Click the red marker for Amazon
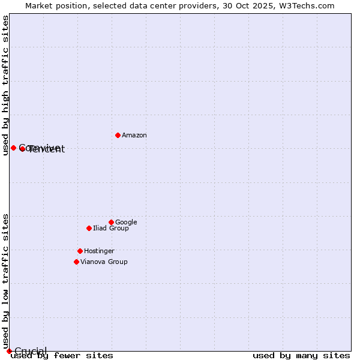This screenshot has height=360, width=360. point(118,135)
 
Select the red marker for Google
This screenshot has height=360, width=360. point(111,222)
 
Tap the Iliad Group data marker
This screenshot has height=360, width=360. point(89,228)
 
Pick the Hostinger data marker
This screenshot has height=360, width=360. point(80,251)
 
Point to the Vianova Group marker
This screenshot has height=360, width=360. point(76,262)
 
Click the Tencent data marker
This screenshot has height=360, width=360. point(22,149)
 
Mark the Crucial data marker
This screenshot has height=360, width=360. point(9,351)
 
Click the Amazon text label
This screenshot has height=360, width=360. point(134,136)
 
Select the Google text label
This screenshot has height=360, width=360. point(126,222)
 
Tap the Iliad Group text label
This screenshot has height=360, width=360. point(111,228)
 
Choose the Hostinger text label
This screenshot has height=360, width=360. point(99,251)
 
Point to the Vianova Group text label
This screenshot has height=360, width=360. point(104,262)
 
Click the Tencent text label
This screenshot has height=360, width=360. point(46,149)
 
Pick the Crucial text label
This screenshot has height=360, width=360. point(31,351)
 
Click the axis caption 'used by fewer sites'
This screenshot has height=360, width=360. point(62,355)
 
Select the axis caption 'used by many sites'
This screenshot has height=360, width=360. point(301,355)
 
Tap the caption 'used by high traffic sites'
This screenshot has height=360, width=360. point(6,86)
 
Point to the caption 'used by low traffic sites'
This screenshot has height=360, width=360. point(6,281)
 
